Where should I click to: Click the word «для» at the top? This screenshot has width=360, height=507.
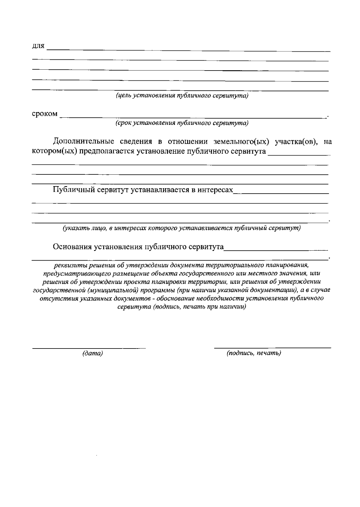click(x=38, y=47)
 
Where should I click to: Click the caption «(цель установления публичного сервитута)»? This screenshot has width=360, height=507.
click(x=182, y=96)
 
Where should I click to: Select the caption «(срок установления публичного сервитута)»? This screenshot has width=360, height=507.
click(x=182, y=123)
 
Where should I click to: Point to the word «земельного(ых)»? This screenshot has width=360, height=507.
click(x=239, y=142)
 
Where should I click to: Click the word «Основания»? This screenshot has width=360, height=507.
click(x=72, y=247)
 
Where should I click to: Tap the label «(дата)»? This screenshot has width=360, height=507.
click(x=93, y=354)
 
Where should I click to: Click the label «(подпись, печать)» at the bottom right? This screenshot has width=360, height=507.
click(x=254, y=353)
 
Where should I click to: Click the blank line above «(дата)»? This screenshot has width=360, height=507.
click(x=89, y=348)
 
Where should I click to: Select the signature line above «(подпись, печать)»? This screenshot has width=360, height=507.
click(x=272, y=347)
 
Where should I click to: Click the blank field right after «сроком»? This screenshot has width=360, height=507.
click(x=192, y=116)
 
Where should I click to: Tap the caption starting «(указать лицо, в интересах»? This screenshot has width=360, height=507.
click(x=181, y=228)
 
